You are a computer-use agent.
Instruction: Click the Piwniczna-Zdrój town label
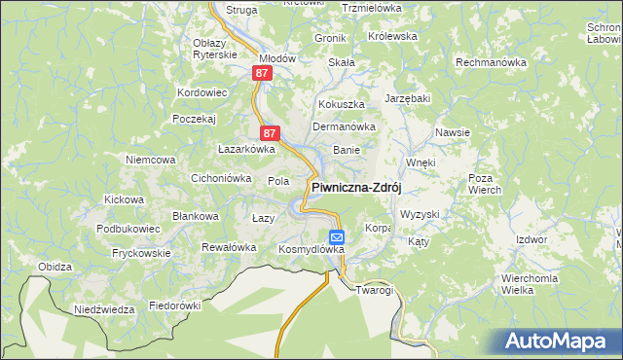click(x=356, y=187)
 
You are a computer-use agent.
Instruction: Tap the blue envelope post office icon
click(x=336, y=236)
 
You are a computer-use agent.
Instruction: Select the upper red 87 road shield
click(x=261, y=73)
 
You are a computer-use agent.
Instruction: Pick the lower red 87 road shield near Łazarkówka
click(x=271, y=132)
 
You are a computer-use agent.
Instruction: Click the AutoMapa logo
click(x=557, y=341)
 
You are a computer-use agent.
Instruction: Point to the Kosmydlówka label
click(x=311, y=250)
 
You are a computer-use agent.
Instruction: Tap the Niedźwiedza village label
click(x=104, y=309)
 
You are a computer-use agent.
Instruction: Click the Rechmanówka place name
click(x=492, y=62)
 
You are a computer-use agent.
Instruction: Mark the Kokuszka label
click(x=341, y=103)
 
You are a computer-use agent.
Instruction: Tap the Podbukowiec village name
click(x=128, y=228)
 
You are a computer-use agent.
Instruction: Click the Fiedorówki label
click(x=174, y=306)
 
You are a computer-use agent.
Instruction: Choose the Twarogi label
click(x=374, y=290)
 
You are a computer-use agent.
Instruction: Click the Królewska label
click(x=392, y=36)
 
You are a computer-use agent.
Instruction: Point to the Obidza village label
click(x=55, y=267)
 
